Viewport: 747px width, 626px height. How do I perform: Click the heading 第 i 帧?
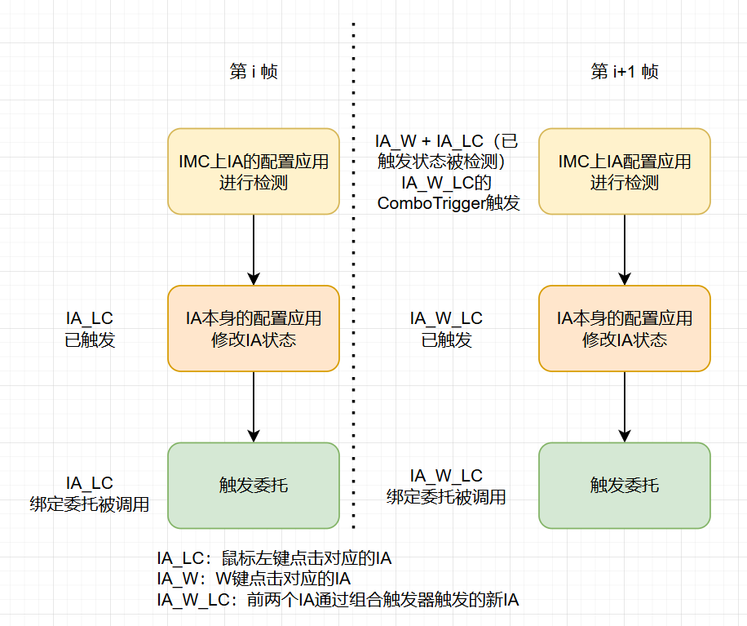click(254, 72)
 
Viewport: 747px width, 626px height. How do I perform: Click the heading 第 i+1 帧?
click(624, 72)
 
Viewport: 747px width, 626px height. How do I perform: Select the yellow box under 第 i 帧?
click(254, 171)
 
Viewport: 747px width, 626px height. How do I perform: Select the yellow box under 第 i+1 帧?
click(625, 171)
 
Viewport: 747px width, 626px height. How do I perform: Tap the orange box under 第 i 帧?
click(254, 328)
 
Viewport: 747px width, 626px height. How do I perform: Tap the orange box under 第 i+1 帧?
click(625, 328)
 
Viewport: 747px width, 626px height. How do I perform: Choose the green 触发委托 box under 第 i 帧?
click(254, 486)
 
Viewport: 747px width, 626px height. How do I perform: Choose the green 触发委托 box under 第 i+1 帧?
click(625, 486)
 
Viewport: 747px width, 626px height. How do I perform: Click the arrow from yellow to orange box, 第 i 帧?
click(254, 249)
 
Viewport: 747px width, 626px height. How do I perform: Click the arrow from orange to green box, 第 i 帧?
click(254, 406)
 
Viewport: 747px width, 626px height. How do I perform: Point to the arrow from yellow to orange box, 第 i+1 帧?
click(625, 249)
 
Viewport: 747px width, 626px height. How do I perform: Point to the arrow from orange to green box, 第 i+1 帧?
click(625, 406)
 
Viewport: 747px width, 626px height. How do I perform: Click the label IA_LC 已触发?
click(90, 329)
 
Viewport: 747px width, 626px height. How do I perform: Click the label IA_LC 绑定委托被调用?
click(90, 494)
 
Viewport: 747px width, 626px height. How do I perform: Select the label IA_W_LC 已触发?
click(446, 329)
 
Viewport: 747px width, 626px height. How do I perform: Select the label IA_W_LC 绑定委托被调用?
click(446, 486)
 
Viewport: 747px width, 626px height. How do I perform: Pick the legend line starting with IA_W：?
click(254, 579)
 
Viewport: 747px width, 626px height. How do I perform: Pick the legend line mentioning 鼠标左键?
click(275, 559)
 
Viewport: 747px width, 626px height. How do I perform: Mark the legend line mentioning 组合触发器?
click(338, 601)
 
